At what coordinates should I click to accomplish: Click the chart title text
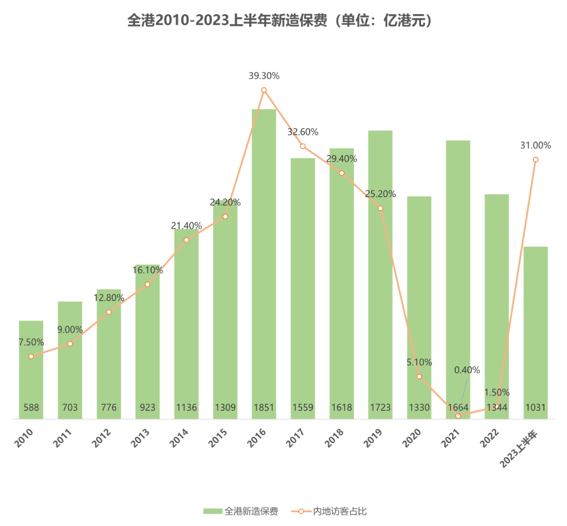(283, 20)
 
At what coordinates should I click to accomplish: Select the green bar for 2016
(264, 263)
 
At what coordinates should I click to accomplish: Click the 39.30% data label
(264, 76)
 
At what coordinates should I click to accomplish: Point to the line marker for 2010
(31, 356)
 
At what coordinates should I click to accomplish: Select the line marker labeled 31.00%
(535, 159)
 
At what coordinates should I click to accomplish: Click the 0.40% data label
(467, 369)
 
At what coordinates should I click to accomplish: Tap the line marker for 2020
(419, 377)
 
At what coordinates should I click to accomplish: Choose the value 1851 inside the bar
(264, 407)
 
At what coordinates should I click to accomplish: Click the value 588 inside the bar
(31, 407)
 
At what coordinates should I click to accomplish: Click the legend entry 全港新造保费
(241, 511)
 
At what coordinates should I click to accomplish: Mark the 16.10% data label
(148, 270)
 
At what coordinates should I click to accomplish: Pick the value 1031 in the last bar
(535, 407)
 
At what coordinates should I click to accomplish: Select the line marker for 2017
(303, 146)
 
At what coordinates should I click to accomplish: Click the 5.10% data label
(419, 362)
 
